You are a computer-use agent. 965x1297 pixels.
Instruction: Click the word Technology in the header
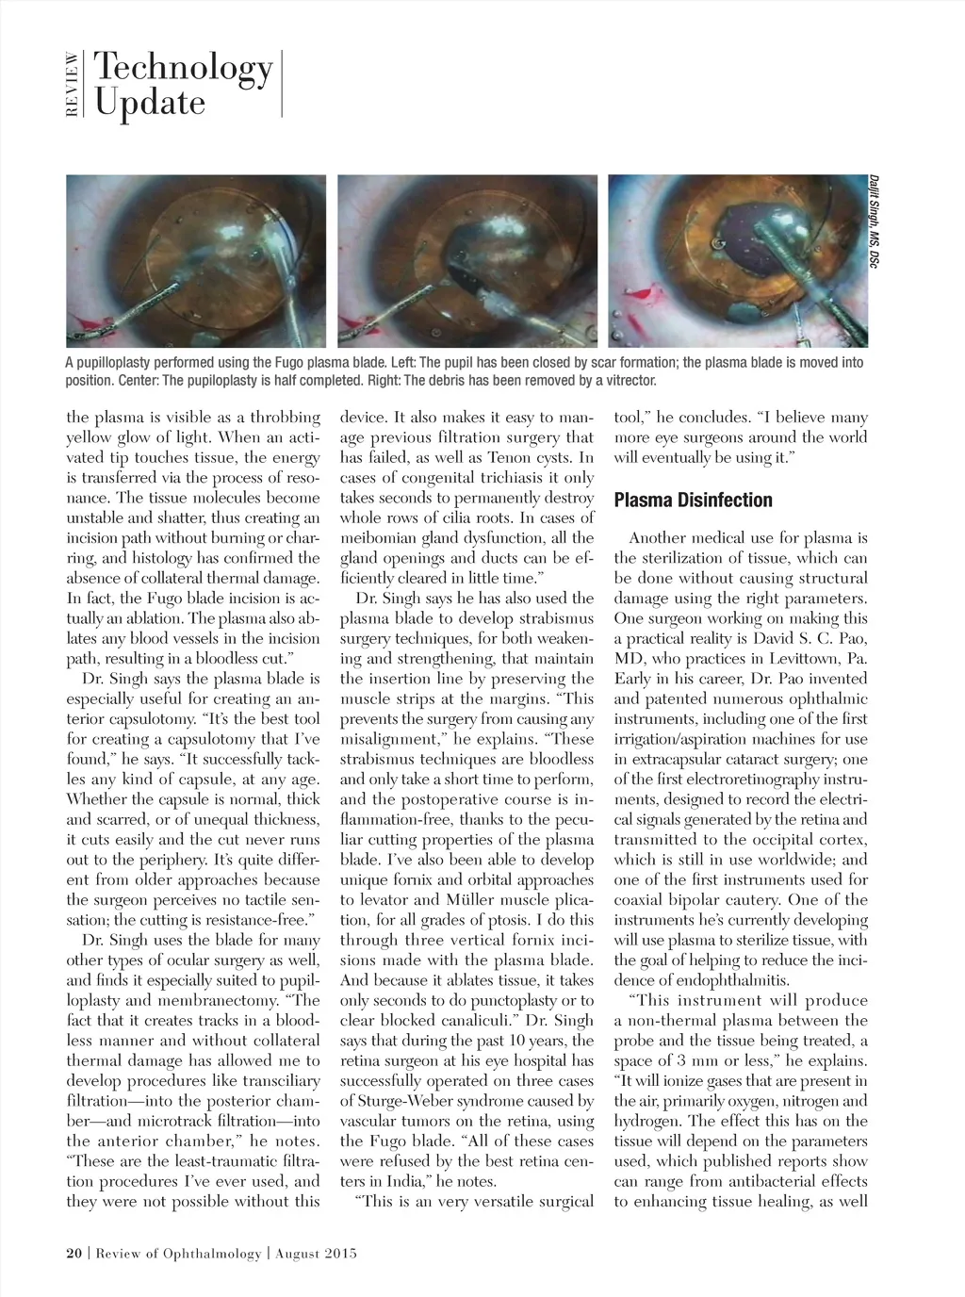tap(183, 69)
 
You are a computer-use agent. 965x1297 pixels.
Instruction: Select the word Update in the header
tap(149, 102)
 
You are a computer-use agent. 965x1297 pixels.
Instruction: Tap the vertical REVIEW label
tap(73, 85)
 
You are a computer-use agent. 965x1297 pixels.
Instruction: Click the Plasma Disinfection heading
tap(693, 500)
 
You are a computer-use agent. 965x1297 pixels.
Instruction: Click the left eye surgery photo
tap(195, 261)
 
